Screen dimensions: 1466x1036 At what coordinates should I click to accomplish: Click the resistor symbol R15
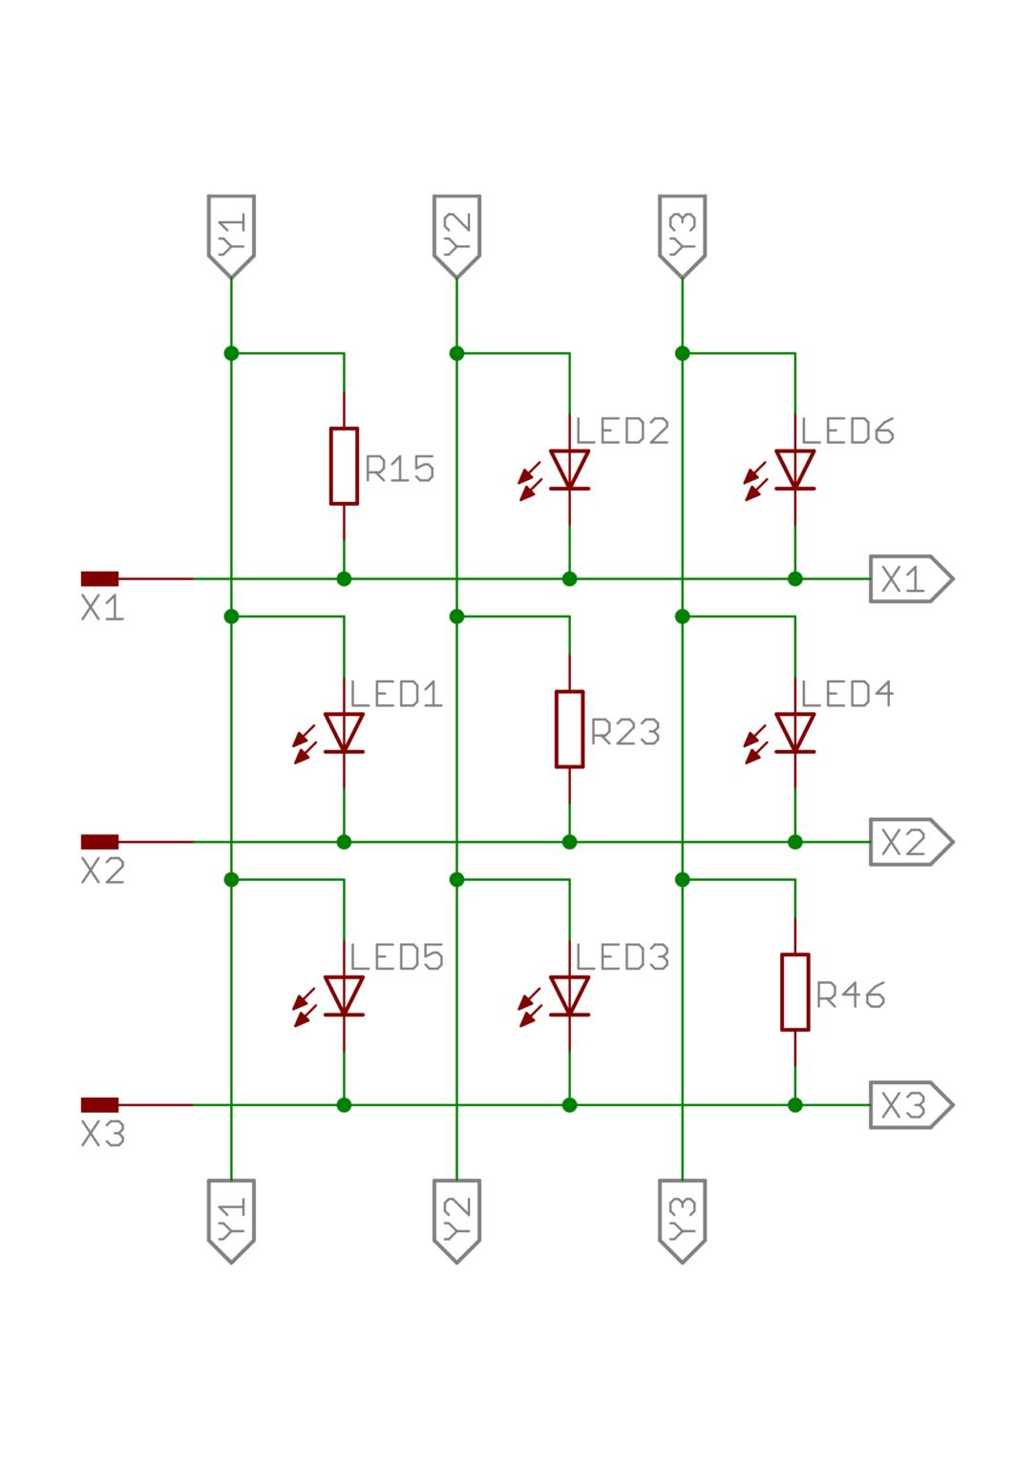coord(344,466)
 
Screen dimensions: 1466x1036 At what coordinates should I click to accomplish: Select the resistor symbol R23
coord(569,729)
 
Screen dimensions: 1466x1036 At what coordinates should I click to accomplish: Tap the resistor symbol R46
coord(794,993)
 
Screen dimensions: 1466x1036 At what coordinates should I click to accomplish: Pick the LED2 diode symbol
coord(569,470)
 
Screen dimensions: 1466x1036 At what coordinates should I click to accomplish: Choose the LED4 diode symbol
coord(794,733)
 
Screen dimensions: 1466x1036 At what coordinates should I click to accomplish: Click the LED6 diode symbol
coord(794,470)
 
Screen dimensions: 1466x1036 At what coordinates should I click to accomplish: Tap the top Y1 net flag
coord(231,235)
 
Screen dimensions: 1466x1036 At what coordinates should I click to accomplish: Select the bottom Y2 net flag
coord(456,1219)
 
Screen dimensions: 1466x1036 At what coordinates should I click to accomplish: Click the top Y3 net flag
coord(682,235)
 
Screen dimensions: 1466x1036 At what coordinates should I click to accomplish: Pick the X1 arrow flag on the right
coord(909,579)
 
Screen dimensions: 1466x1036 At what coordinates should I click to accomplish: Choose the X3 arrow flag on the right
coord(909,1105)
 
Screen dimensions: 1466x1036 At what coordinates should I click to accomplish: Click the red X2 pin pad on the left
coord(99,842)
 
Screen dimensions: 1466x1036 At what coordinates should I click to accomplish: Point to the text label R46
coord(850,995)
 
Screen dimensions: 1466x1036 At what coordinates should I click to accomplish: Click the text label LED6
coord(847,431)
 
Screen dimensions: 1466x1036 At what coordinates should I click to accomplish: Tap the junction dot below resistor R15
coord(344,579)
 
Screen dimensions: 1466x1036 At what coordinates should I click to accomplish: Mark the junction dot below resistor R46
coord(794,1105)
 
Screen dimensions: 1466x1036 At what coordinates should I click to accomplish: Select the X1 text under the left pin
coord(102,609)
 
